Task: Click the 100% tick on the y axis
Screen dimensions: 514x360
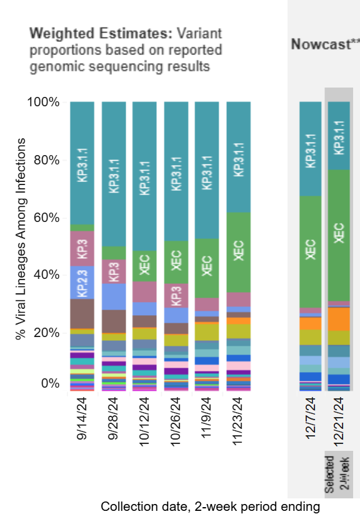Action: (43, 103)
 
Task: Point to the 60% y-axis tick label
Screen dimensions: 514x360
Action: (46, 218)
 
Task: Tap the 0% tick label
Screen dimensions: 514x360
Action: (49, 383)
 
